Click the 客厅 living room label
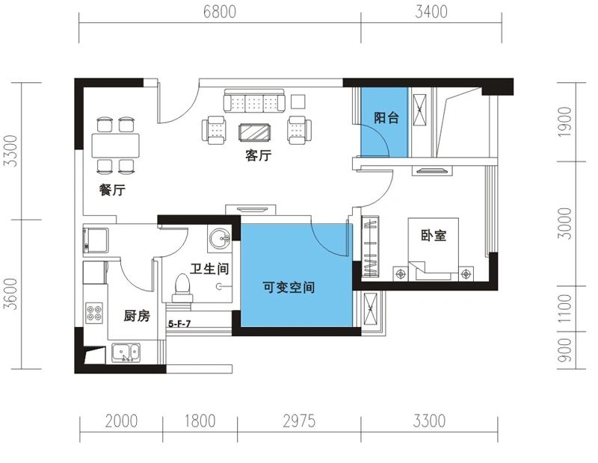coord(258,156)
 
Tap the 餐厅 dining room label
coord(112,190)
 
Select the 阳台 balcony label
coord(386,117)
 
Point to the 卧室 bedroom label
coord(433,235)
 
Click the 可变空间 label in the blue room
coord(287,288)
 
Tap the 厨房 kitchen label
coord(137,316)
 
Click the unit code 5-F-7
coord(182,324)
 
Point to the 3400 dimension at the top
coord(431,12)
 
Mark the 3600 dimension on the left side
coord(9,294)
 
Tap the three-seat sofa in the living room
coord(254,102)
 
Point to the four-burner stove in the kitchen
coord(95,313)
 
